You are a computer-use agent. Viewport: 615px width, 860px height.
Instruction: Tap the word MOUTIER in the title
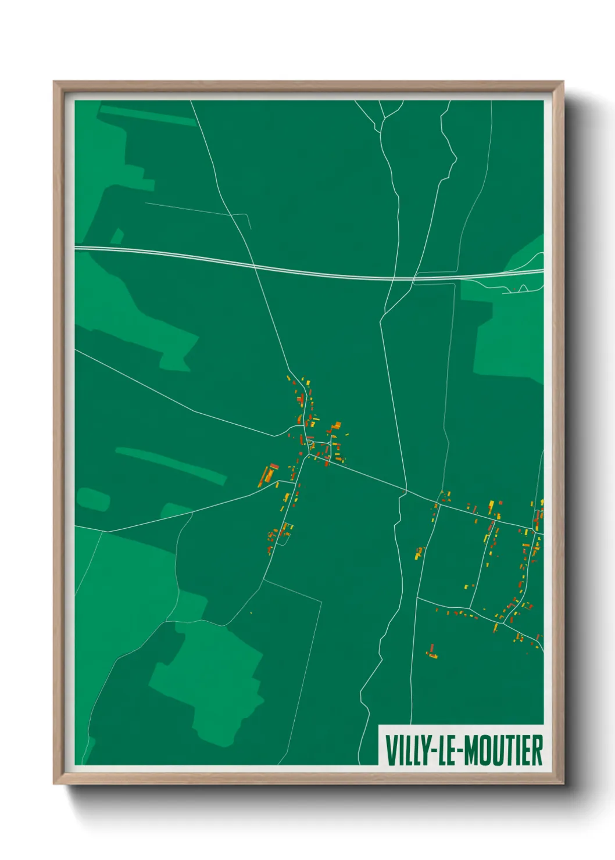pos(503,750)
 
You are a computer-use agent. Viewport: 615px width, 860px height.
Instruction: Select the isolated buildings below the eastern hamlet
pos(431,652)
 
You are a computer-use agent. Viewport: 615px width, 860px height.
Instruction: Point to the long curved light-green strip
pos(171,465)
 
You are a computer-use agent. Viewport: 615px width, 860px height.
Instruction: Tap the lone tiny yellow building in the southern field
pos(251,612)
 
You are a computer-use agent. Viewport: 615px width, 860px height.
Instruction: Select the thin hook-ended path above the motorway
pos(198,209)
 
